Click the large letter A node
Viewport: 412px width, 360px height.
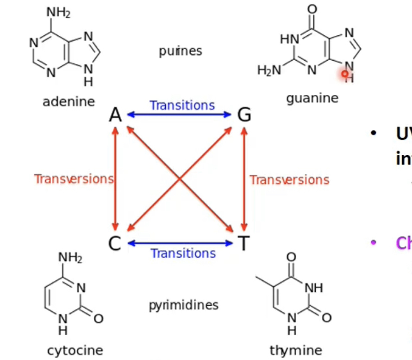click(x=115, y=115)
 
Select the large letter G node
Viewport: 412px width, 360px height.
click(x=244, y=114)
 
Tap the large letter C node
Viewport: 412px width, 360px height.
click(x=115, y=243)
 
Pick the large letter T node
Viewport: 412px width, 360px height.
click(x=243, y=243)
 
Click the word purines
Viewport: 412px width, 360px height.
click(x=181, y=51)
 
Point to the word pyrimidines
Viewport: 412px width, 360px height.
click(x=183, y=305)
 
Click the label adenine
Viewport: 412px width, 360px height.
click(x=69, y=101)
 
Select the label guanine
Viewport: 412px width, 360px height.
click(x=312, y=98)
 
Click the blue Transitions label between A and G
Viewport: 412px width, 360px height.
click(x=182, y=106)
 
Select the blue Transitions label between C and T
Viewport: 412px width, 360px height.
click(x=183, y=253)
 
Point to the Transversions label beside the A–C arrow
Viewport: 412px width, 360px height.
click(x=74, y=179)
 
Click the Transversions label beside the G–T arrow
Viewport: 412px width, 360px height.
click(x=289, y=179)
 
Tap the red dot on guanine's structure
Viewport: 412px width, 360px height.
click(x=345, y=74)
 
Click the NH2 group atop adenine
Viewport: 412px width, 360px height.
click(x=58, y=13)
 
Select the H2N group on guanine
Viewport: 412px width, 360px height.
click(x=269, y=70)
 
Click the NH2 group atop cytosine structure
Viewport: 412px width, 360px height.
click(x=70, y=257)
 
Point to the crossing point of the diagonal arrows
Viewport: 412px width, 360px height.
click(x=180, y=179)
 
